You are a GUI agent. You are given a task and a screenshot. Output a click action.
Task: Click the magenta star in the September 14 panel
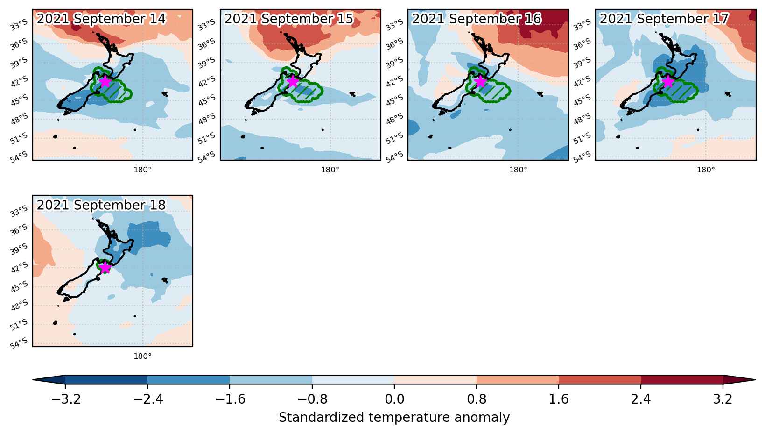point(105,82)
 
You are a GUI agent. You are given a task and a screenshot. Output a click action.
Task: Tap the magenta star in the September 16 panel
point(480,82)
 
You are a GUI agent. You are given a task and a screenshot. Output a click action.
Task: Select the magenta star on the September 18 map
point(105,268)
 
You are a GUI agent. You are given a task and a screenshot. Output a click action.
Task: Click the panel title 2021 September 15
point(288,19)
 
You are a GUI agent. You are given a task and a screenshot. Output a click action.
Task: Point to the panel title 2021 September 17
point(664,19)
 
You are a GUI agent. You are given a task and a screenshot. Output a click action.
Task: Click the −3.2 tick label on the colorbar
point(65,399)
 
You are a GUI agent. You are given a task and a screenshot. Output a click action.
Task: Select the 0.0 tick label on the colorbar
point(394,399)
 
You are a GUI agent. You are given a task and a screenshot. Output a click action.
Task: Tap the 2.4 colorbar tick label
point(641,399)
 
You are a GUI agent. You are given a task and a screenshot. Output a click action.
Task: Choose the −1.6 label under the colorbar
point(230,399)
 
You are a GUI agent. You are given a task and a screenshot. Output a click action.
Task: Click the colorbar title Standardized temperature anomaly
point(394,418)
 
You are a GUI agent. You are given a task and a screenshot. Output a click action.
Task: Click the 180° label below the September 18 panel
point(142,356)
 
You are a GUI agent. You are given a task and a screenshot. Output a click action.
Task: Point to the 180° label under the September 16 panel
point(518,170)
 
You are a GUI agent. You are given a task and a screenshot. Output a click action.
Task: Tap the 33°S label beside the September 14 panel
point(18,25)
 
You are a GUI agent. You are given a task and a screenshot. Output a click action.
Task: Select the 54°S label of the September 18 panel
point(18,343)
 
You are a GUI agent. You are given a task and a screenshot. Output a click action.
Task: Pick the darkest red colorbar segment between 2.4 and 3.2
point(681,380)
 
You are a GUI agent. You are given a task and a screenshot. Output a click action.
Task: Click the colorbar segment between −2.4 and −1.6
point(189,380)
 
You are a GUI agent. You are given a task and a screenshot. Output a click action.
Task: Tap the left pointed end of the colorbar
point(33,380)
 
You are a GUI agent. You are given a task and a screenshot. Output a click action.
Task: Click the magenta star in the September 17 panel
point(667,82)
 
